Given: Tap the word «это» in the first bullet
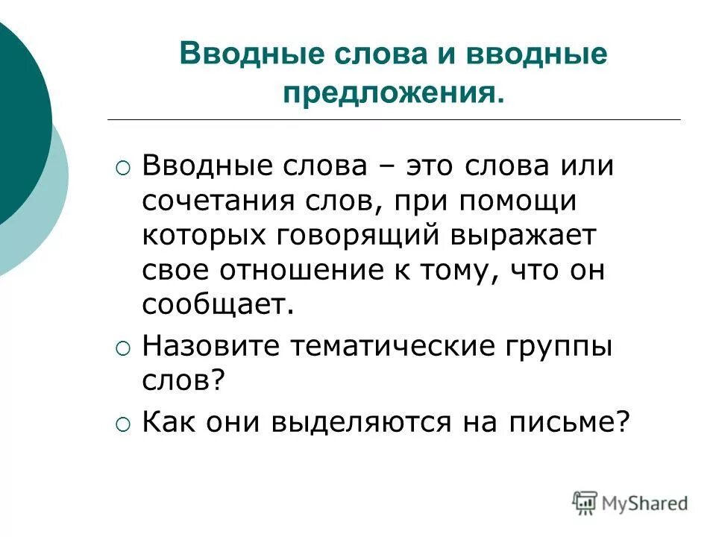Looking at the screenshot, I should click(436, 166).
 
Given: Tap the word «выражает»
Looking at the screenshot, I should click(533, 236).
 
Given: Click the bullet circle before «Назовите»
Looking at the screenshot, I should click(124, 348).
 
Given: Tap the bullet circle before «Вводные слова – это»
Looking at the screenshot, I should click(124, 168).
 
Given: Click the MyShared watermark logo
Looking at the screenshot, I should click(629, 502).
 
